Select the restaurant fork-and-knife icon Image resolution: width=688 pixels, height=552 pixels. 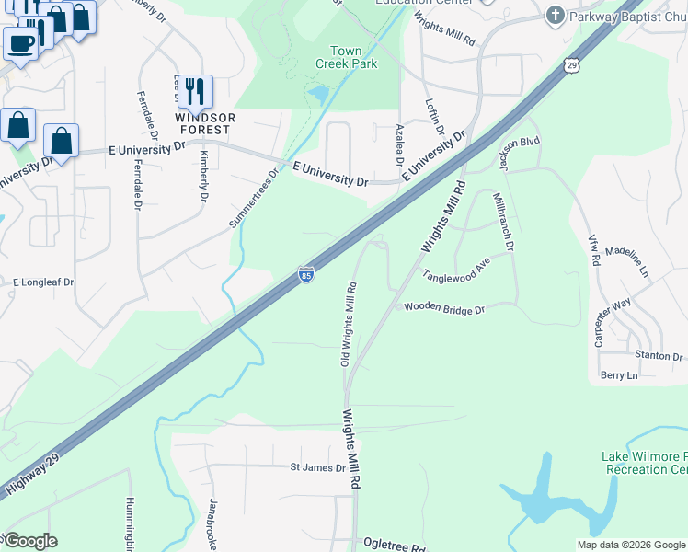[194, 90]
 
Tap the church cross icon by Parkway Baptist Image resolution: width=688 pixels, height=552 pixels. [555, 15]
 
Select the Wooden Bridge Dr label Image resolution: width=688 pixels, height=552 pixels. [444, 310]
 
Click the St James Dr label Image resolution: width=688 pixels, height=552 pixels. [317, 467]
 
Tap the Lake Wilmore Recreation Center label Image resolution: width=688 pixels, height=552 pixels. [644, 463]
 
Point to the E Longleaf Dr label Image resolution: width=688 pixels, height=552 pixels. [42, 282]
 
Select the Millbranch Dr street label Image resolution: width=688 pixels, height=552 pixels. [504, 222]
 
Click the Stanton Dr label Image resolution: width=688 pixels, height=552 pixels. [659, 355]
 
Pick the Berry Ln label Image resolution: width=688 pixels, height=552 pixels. [619, 375]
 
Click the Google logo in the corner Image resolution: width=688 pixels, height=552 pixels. [30, 541]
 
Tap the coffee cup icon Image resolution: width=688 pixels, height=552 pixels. [20, 42]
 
